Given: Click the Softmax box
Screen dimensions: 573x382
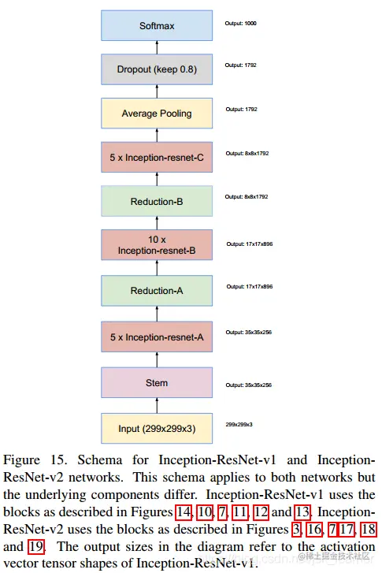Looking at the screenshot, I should tap(156, 26).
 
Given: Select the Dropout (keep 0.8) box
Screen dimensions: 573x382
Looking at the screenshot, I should tap(156, 69).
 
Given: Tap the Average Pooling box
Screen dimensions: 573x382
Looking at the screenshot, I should tap(156, 113).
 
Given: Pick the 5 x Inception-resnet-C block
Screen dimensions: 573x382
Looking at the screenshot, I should tap(156, 158).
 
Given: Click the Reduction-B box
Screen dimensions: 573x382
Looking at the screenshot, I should tap(156, 202).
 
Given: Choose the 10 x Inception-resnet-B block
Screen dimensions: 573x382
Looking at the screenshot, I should tap(156, 245).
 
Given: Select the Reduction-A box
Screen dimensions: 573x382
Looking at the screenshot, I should tap(156, 291).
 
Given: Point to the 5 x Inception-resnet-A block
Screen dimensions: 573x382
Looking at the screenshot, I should tap(156, 337).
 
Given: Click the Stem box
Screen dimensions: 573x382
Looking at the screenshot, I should tap(156, 382).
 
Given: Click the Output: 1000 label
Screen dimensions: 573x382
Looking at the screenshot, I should tap(241, 24).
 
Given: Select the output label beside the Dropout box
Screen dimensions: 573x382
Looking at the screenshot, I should tap(241, 65).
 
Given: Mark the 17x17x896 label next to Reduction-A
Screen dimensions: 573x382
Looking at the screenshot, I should tap(250, 287).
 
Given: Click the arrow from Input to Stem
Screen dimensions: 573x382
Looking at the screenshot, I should tap(157, 405).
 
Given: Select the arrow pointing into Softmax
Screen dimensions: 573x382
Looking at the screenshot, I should tap(157, 48).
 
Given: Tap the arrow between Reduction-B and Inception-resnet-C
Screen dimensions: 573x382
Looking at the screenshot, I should tap(157, 180).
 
